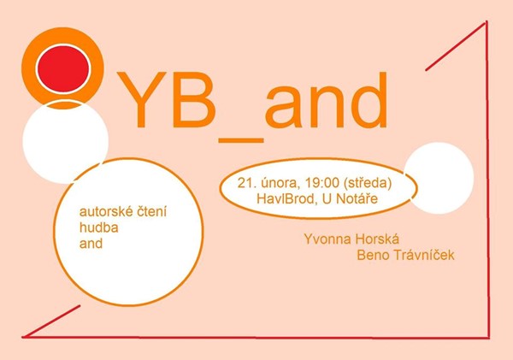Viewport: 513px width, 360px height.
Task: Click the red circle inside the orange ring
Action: click(x=62, y=68)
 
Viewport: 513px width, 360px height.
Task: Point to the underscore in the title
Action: click(x=241, y=140)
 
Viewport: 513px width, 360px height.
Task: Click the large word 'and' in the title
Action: click(x=327, y=99)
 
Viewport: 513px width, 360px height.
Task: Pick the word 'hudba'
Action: click(x=99, y=227)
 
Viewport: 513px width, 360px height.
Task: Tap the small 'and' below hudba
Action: click(x=91, y=244)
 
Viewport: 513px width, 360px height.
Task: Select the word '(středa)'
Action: click(x=368, y=183)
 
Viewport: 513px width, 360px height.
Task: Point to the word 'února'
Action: click(x=280, y=183)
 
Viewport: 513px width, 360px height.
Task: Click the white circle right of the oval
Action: click(x=439, y=178)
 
